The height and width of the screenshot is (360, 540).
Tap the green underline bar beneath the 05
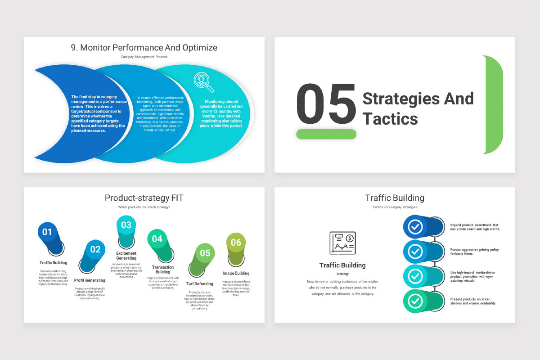click(x=326, y=134)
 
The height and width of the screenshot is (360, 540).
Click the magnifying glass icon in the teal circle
click(x=203, y=81)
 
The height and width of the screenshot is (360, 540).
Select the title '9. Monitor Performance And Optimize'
click(x=144, y=47)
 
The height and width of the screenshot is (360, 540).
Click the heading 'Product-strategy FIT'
click(x=144, y=198)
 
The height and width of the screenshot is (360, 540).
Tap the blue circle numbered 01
click(x=47, y=232)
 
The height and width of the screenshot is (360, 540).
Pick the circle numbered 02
click(x=95, y=249)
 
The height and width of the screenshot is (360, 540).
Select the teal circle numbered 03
click(x=126, y=225)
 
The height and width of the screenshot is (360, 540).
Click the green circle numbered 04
click(x=157, y=239)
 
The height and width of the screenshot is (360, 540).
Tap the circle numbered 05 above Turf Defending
click(x=205, y=253)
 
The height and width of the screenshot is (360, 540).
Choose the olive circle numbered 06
click(x=236, y=243)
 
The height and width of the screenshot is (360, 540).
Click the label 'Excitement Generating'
click(x=126, y=256)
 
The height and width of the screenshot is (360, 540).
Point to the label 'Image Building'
click(x=236, y=273)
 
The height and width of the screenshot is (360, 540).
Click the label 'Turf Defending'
click(x=199, y=284)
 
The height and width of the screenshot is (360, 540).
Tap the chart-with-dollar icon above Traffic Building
click(x=342, y=243)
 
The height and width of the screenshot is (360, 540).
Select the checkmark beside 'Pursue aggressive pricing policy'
click(x=415, y=252)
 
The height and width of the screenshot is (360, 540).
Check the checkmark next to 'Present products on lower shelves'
click(x=415, y=301)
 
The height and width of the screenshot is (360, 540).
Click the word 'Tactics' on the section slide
click(x=390, y=119)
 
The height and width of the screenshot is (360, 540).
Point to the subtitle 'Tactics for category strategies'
click(x=395, y=207)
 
